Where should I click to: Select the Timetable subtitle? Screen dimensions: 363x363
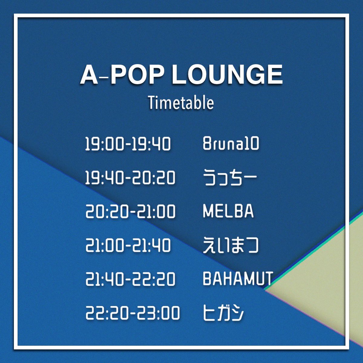tap(181, 103)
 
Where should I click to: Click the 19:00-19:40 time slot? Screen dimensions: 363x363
tap(128, 144)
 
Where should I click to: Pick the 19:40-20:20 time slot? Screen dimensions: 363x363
tap(130, 178)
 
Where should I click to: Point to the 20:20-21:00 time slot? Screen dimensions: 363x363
tap(130, 211)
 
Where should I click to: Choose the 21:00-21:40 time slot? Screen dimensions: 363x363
tap(128, 245)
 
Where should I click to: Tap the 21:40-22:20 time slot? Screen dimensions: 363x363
tap(130, 279)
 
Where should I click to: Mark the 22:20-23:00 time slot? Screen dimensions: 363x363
tap(132, 313)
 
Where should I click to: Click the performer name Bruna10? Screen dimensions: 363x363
tap(231, 144)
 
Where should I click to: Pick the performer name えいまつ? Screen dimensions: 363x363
tap(231, 245)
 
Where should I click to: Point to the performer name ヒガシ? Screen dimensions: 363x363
tap(223, 313)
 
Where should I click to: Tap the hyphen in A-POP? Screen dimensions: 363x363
tap(104, 78)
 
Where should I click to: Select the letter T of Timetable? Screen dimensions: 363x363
tap(151, 103)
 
